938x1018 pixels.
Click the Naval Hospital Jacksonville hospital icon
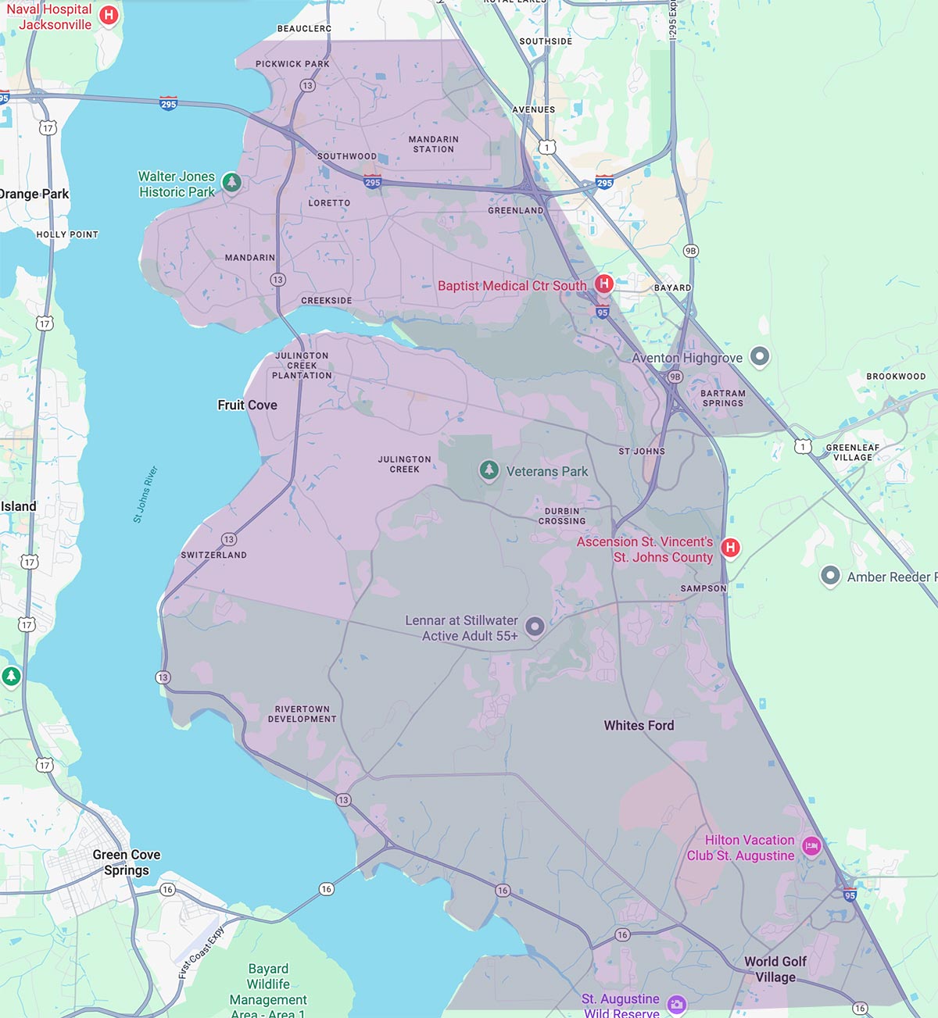(109, 15)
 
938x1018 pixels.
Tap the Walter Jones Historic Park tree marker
(231, 183)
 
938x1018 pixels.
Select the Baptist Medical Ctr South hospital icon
(603, 284)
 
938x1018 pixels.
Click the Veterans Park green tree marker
(489, 470)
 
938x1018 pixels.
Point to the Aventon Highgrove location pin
(760, 357)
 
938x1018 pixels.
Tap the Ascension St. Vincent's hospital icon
(730, 548)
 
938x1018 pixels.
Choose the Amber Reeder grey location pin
(830, 577)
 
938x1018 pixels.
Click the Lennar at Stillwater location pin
(535, 626)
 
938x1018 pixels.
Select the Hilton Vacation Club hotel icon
(811, 846)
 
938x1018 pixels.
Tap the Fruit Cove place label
(247, 405)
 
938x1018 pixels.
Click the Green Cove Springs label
(126, 863)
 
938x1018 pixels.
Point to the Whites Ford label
(639, 725)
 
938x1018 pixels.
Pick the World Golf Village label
(775, 970)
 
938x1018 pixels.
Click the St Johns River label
(145, 494)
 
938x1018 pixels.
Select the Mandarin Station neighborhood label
(434, 144)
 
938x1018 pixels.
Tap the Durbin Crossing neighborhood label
(562, 516)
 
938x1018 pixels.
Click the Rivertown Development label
(302, 714)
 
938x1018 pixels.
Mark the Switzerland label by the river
(213, 555)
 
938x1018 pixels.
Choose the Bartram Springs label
(722, 398)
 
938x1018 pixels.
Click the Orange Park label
(34, 194)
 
